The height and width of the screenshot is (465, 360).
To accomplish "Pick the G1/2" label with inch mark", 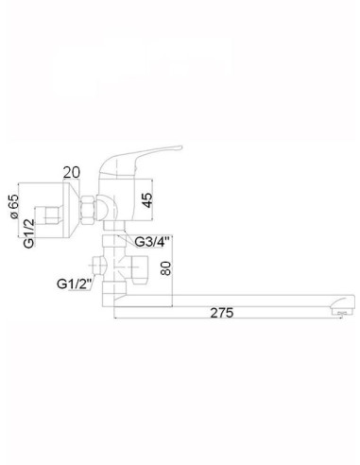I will [x=74, y=281].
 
